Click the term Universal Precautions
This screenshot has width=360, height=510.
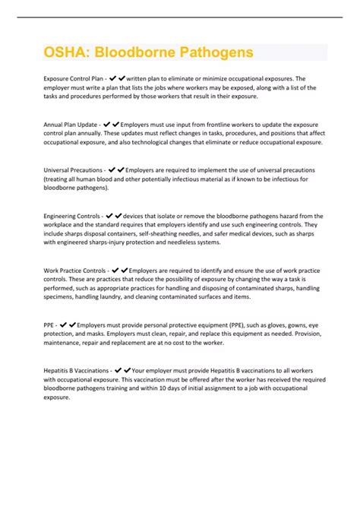pyautogui.click(x=74, y=170)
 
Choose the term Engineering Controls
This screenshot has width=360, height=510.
pyautogui.click(x=73, y=217)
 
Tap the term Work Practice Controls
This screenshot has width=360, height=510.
pyautogui.click(x=74, y=270)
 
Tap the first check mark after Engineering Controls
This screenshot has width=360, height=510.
pyautogui.click(x=110, y=217)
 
